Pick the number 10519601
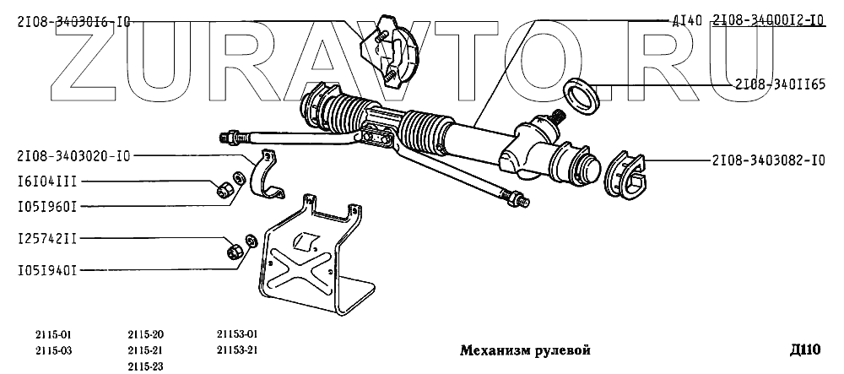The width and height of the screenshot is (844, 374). point(47,205)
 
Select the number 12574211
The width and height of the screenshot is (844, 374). point(47,240)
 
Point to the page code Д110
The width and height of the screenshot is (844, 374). point(805,350)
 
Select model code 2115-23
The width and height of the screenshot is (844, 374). point(146,365)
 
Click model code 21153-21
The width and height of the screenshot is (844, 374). point(236,349)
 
